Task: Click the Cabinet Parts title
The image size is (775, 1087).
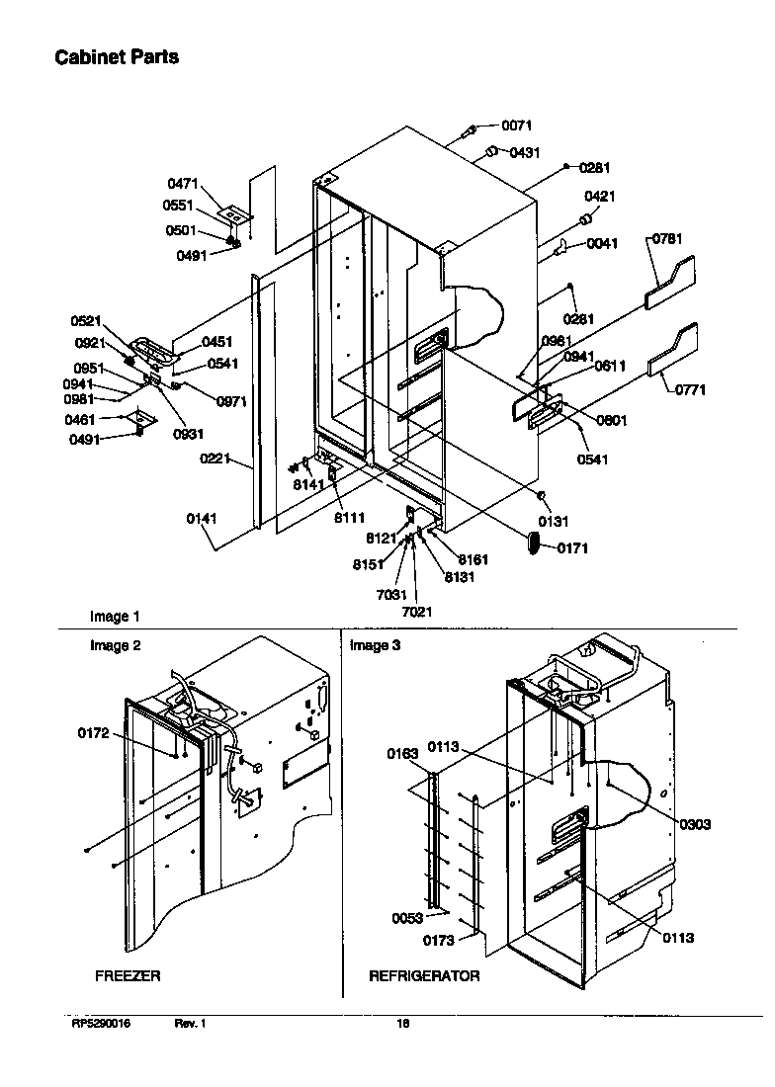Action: click(116, 57)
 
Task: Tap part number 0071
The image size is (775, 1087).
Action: click(516, 125)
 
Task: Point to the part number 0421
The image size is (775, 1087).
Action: click(599, 197)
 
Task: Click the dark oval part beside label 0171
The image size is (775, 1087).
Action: click(534, 544)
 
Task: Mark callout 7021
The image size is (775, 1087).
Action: click(416, 612)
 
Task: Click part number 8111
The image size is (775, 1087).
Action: click(349, 517)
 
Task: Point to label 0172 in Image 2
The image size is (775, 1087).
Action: click(94, 733)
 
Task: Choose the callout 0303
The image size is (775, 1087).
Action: click(695, 824)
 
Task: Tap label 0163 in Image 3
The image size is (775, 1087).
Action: click(403, 754)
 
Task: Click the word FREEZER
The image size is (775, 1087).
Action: click(128, 975)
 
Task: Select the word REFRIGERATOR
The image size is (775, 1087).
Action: click(424, 975)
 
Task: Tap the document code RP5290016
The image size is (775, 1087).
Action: click(101, 1024)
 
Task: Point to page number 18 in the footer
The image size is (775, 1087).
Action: click(402, 1024)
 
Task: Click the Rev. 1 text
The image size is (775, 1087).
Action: click(190, 1024)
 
